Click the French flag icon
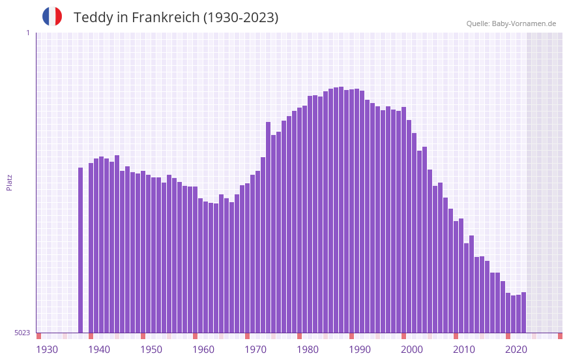click(52, 16)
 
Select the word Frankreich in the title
click(166, 18)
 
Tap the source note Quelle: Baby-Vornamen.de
click(511, 23)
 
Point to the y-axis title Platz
click(9, 182)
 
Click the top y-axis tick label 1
click(27, 33)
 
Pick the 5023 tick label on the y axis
click(22, 333)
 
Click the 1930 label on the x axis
click(47, 350)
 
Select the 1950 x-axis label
click(151, 350)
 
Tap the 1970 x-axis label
click(255, 350)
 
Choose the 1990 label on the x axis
click(360, 350)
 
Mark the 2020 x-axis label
click(516, 350)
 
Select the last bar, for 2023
click(524, 312)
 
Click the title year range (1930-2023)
click(241, 18)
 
